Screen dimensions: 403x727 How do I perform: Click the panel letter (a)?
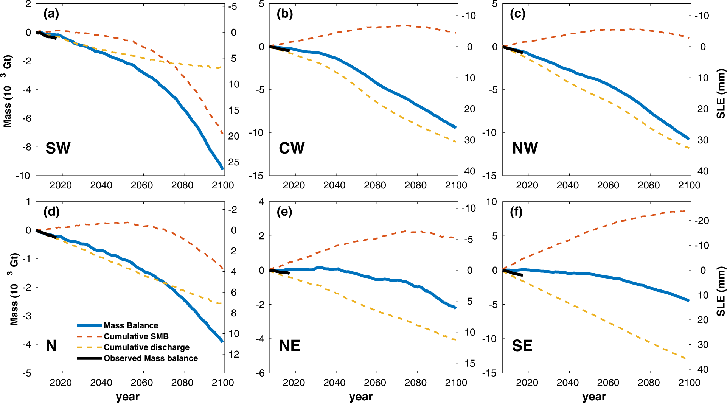[51, 14]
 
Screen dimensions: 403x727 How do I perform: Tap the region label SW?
[58, 148]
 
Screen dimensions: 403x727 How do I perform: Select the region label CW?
[291, 148]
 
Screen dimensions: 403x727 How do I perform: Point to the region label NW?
[525, 148]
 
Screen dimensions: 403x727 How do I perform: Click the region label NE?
[289, 345]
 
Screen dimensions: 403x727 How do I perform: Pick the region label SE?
[522, 345]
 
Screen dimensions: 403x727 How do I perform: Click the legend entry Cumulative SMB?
[136, 336]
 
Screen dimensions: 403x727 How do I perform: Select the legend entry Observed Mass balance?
[151, 358]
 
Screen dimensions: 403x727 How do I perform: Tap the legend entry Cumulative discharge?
[146, 347]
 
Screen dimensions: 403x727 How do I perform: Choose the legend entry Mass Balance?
[131, 325]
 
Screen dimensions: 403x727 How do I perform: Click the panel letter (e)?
[284, 212]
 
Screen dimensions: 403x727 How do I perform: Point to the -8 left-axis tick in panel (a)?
[25, 147]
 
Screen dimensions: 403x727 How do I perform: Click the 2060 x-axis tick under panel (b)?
[374, 185]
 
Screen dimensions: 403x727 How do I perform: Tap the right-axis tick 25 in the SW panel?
[234, 162]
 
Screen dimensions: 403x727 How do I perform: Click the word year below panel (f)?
[594, 397]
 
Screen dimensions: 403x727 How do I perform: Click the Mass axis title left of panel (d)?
[14, 289]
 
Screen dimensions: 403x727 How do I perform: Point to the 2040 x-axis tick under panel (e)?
[334, 383]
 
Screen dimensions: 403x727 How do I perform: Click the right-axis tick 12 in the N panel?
[234, 355]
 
